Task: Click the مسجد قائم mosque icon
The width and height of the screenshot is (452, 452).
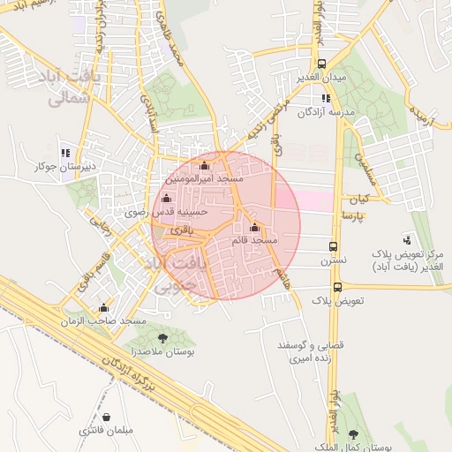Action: point(254,227)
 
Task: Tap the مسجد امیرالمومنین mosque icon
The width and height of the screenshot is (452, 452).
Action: point(206,165)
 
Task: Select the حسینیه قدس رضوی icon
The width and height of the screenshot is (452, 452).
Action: point(165,198)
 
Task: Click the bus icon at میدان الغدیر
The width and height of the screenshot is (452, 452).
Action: point(322,64)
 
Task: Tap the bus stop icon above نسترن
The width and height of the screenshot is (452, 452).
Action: point(333,247)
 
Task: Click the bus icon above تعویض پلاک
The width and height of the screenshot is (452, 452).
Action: point(338,287)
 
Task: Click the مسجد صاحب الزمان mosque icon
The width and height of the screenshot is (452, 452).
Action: point(104,308)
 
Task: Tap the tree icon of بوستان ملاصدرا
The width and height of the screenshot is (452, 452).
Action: point(162,336)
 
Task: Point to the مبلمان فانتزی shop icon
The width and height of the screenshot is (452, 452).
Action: point(106,416)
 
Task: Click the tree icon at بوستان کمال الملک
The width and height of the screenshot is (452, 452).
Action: point(354,434)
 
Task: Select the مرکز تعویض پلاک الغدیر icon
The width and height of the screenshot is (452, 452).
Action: point(407,238)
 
